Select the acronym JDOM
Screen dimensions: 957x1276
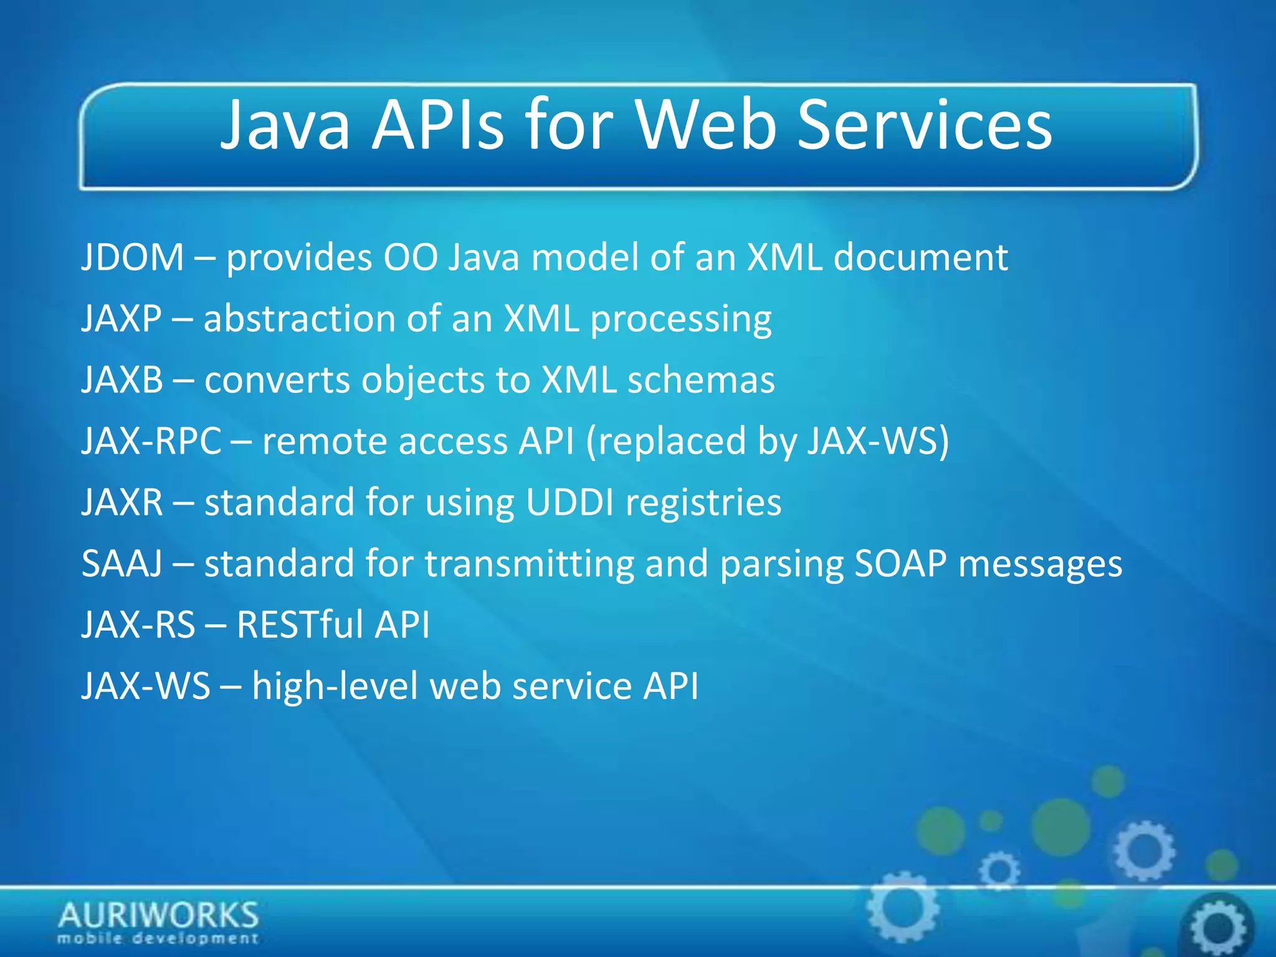pos(133,257)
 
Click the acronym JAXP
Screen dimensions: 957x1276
pos(122,318)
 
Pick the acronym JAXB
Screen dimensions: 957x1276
pos(123,379)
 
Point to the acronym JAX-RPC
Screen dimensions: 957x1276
pos(151,440)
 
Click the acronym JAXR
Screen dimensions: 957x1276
pos(123,502)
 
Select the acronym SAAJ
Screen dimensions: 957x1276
pos(122,563)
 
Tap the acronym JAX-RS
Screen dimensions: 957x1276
pos(138,624)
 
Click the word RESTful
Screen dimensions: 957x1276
pos(300,624)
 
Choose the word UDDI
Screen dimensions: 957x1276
pos(570,502)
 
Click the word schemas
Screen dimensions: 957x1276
pos(701,379)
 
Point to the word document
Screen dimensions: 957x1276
pos(920,257)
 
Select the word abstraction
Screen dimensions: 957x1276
pos(299,318)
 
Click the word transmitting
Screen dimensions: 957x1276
pos(529,563)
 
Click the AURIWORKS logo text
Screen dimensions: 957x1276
pos(158,915)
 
